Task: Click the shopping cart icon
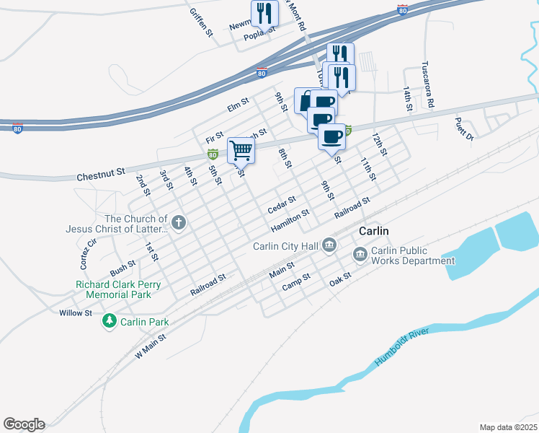coord(241,151)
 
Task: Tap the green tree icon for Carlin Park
coord(110,320)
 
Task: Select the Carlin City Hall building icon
coord(329,246)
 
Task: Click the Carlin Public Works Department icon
coord(360,255)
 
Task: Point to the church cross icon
coord(178,223)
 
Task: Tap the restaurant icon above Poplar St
coord(264,12)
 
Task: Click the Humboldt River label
coord(400,347)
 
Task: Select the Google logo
coord(24,424)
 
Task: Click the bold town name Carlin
coord(374,230)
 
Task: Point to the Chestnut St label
coord(100,175)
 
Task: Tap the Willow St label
coord(76,313)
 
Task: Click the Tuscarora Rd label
coord(428,83)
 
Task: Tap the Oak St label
coord(342,277)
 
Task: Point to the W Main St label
coord(151,347)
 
